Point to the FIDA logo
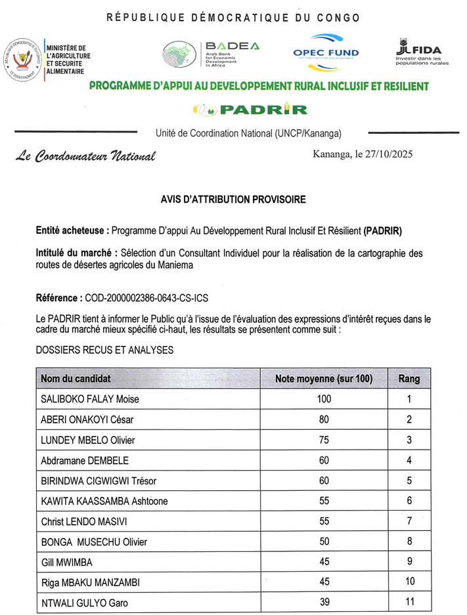[x=420, y=51]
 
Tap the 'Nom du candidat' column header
[x=76, y=379]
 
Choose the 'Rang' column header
[x=409, y=379]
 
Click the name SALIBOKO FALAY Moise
[x=90, y=399]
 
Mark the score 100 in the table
[x=324, y=399]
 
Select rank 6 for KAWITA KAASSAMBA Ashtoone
[x=409, y=501]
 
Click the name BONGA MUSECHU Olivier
[x=94, y=541]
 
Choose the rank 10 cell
[x=409, y=582]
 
